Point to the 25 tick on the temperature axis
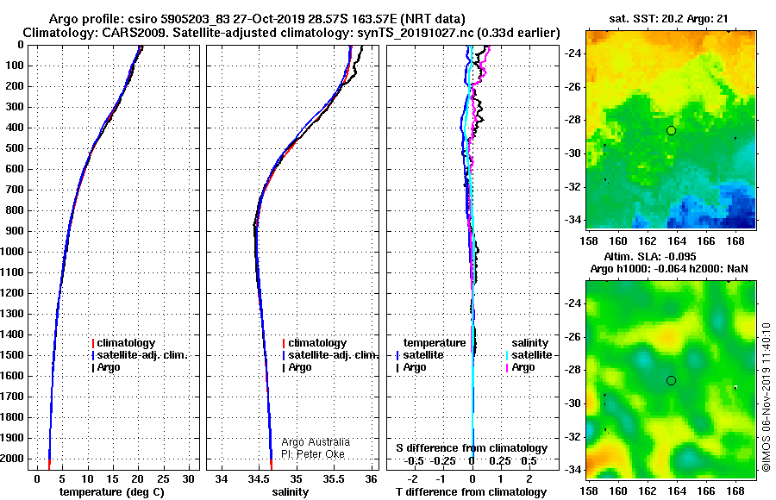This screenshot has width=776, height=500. coord(163,478)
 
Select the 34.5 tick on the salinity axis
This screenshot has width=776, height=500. coord(259,478)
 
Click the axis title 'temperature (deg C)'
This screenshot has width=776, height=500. coord(112,492)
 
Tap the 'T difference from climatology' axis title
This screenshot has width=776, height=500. coord(471,492)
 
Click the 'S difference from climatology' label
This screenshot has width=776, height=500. coord(472,448)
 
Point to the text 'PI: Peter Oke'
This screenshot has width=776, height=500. coord(313,454)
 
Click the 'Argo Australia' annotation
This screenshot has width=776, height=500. coord(316,441)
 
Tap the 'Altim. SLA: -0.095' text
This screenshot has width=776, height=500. coord(650,256)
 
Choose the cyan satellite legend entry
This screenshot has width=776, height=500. coord(529,355)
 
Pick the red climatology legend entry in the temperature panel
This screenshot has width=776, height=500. coord(123,343)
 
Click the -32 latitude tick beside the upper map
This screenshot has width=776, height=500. coord(573,187)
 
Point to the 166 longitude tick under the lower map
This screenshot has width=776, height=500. coord(706,491)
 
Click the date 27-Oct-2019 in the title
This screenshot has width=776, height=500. coord(261,19)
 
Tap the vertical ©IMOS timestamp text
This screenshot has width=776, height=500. coord(767,397)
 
